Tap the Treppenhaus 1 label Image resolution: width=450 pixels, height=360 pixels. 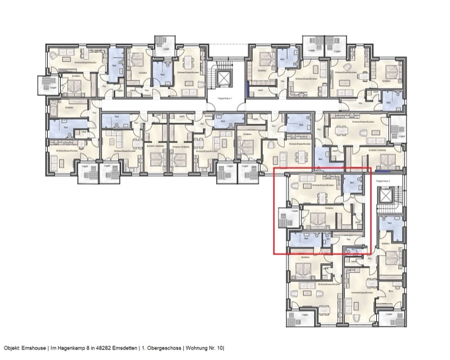(225, 98)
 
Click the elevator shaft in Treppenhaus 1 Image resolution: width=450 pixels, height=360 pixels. (226, 76)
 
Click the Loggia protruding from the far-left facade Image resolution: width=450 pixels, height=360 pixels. (47, 85)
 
